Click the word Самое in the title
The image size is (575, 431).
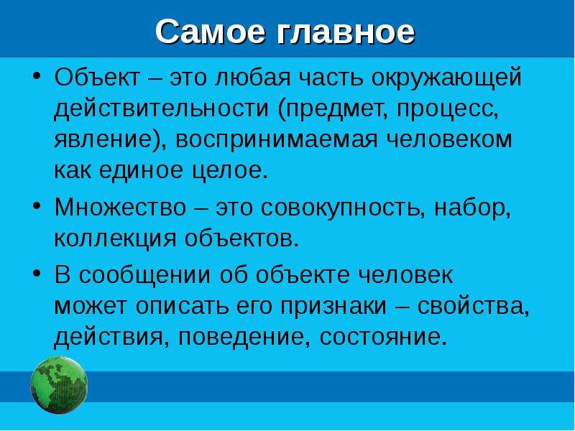coord(211,32)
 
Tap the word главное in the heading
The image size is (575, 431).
coord(346,32)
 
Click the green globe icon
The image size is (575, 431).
coord(59,385)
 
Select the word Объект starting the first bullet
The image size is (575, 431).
coord(98,78)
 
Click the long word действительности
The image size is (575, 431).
coord(161,109)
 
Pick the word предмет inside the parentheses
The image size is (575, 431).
coord(333,110)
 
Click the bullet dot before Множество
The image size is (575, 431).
coord(36,205)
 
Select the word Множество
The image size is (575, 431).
coord(120,207)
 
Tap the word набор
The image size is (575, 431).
coord(472,208)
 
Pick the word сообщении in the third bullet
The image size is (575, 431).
coord(145,276)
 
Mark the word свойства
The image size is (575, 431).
coord(474,307)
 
